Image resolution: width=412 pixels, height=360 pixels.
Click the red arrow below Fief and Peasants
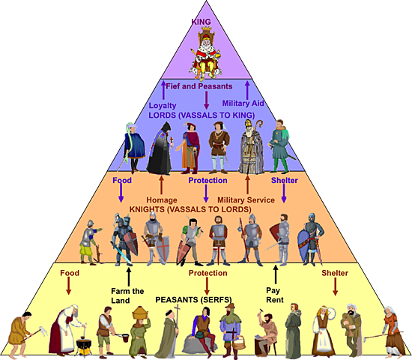206,100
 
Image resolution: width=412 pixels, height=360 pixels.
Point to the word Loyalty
163,106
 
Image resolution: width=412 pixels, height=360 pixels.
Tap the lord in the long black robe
159,151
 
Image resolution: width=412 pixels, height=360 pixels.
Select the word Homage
162,199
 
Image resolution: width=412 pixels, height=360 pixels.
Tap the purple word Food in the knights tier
121,181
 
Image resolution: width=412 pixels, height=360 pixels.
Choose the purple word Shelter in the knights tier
284,181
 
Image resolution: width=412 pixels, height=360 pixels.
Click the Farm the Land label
128,294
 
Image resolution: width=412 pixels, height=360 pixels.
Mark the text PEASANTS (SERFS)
193,299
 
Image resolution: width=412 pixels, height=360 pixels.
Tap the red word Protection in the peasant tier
207,274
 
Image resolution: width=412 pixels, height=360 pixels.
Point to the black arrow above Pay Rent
276,271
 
